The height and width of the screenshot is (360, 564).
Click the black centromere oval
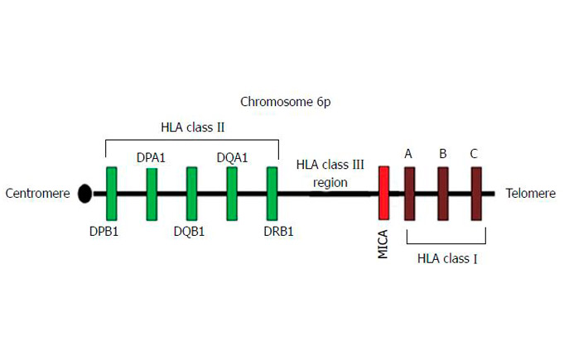click(84, 194)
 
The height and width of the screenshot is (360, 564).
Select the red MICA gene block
click(383, 194)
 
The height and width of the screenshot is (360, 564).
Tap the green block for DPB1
click(112, 194)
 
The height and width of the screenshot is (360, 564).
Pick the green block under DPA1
click(152, 194)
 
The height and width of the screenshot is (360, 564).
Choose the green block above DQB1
click(191, 194)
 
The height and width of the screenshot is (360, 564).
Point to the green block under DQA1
click(232, 194)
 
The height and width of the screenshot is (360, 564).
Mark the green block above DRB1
click(272, 194)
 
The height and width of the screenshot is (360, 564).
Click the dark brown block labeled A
click(409, 194)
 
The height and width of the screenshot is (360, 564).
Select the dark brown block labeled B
click(443, 194)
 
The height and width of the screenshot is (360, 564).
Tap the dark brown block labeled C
click(476, 194)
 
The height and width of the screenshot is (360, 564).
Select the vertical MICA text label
click(383, 243)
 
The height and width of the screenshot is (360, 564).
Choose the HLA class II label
click(192, 127)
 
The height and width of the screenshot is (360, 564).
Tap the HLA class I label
click(447, 258)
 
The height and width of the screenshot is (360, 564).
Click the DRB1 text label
click(277, 231)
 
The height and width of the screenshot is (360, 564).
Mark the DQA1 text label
click(233, 156)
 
